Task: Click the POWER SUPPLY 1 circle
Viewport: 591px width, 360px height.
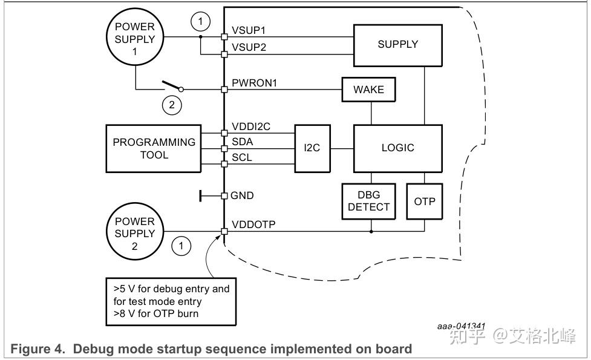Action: click(134, 39)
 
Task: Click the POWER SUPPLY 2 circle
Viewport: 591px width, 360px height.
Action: click(134, 234)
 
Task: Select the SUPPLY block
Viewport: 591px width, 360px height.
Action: click(397, 44)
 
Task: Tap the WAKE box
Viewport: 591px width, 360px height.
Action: click(368, 90)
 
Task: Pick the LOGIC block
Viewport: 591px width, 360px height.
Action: click(397, 148)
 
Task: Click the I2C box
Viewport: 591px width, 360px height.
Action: click(312, 148)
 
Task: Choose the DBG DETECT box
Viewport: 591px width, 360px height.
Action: click(368, 200)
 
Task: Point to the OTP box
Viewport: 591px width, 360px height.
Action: click(424, 201)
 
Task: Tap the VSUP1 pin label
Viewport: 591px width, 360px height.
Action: click(249, 30)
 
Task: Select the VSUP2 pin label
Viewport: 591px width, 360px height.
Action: click(249, 47)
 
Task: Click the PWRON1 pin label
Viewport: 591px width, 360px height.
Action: click(254, 83)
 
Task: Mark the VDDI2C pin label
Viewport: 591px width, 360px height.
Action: click(251, 127)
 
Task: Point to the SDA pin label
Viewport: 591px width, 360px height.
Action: click(242, 142)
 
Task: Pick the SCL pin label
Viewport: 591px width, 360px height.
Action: click(241, 157)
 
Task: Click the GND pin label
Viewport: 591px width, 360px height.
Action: click(242, 195)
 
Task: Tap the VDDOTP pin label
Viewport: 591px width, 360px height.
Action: click(253, 224)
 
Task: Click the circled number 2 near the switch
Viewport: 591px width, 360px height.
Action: click(172, 105)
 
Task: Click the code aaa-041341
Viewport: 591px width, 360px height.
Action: click(461, 326)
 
